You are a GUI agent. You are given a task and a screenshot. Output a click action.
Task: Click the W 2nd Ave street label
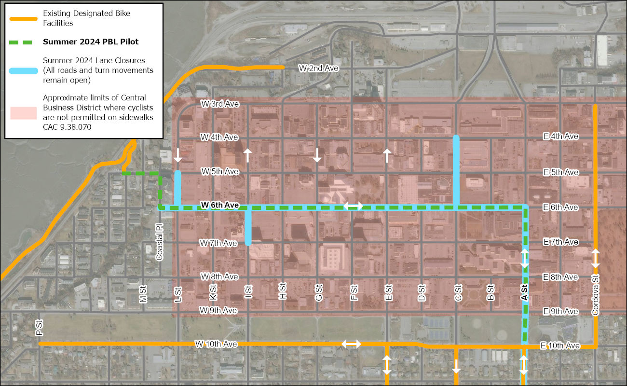[x=318, y=69]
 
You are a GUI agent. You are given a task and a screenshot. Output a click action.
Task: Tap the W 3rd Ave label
[x=220, y=104]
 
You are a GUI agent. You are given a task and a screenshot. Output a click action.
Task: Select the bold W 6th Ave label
[x=220, y=205]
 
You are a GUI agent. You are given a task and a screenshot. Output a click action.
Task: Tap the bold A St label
[x=525, y=293]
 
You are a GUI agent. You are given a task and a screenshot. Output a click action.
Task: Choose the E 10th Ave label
[x=560, y=345]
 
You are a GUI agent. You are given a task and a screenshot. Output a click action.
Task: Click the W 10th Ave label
[x=217, y=344]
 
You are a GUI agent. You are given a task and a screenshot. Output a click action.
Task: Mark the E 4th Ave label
[x=560, y=137]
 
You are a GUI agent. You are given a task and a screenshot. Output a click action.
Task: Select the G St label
[x=318, y=292]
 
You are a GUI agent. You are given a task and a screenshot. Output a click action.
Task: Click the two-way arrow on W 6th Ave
[x=354, y=206]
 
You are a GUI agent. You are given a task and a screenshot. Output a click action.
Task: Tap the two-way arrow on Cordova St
[x=596, y=258]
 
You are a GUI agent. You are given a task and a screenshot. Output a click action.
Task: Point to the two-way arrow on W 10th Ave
[x=351, y=344]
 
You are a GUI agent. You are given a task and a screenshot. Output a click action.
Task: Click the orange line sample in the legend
[x=23, y=19]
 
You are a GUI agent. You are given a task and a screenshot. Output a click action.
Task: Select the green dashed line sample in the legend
[x=23, y=42]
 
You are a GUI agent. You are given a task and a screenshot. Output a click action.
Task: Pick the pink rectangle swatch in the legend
[x=23, y=112]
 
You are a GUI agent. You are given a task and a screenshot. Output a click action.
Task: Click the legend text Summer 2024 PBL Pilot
[x=91, y=42]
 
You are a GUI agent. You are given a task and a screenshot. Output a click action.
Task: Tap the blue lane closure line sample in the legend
[x=23, y=70]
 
